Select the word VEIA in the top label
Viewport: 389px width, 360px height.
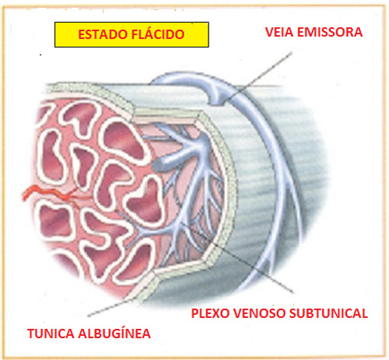[279, 32]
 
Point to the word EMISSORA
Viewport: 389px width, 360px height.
[330, 32]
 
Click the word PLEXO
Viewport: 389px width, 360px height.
[210, 313]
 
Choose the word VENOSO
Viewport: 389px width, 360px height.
[259, 313]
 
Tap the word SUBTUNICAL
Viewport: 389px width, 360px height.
[328, 313]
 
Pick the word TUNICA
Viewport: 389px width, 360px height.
[51, 334]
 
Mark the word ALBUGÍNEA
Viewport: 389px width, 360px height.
[114, 334]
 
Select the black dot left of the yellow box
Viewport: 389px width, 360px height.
[40, 55]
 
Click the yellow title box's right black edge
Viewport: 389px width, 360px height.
[209, 34]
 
